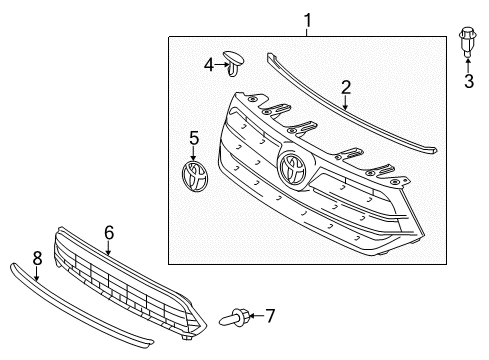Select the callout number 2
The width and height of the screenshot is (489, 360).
coord(346,88)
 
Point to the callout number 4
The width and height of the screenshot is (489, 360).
coord(208,65)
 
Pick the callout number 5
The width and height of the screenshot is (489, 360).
coord(194,136)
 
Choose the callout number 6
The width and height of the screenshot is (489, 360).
coord(109,232)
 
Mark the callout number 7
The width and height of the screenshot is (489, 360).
coord(268,317)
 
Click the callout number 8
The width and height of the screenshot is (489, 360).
coord(37,257)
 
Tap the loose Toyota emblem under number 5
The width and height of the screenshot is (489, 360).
coord(194,176)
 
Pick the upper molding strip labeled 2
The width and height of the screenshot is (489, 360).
coord(350,111)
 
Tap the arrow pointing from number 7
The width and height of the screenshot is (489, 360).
coord(253,317)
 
